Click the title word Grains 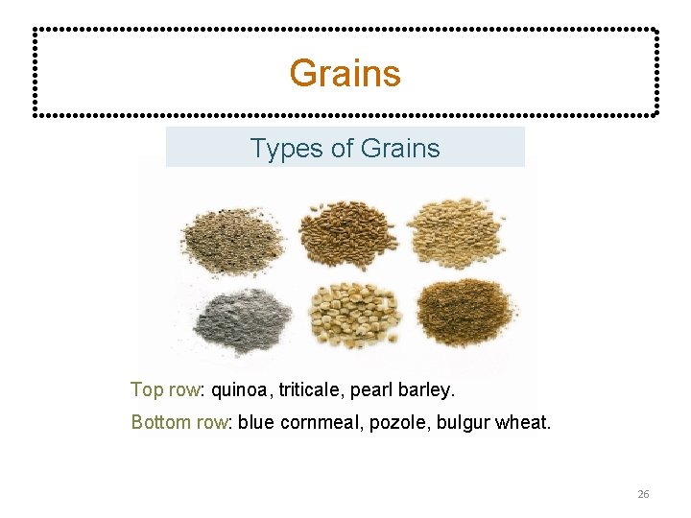[345, 73]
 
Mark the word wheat [523, 422]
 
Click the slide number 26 [643, 494]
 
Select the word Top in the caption [147, 389]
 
